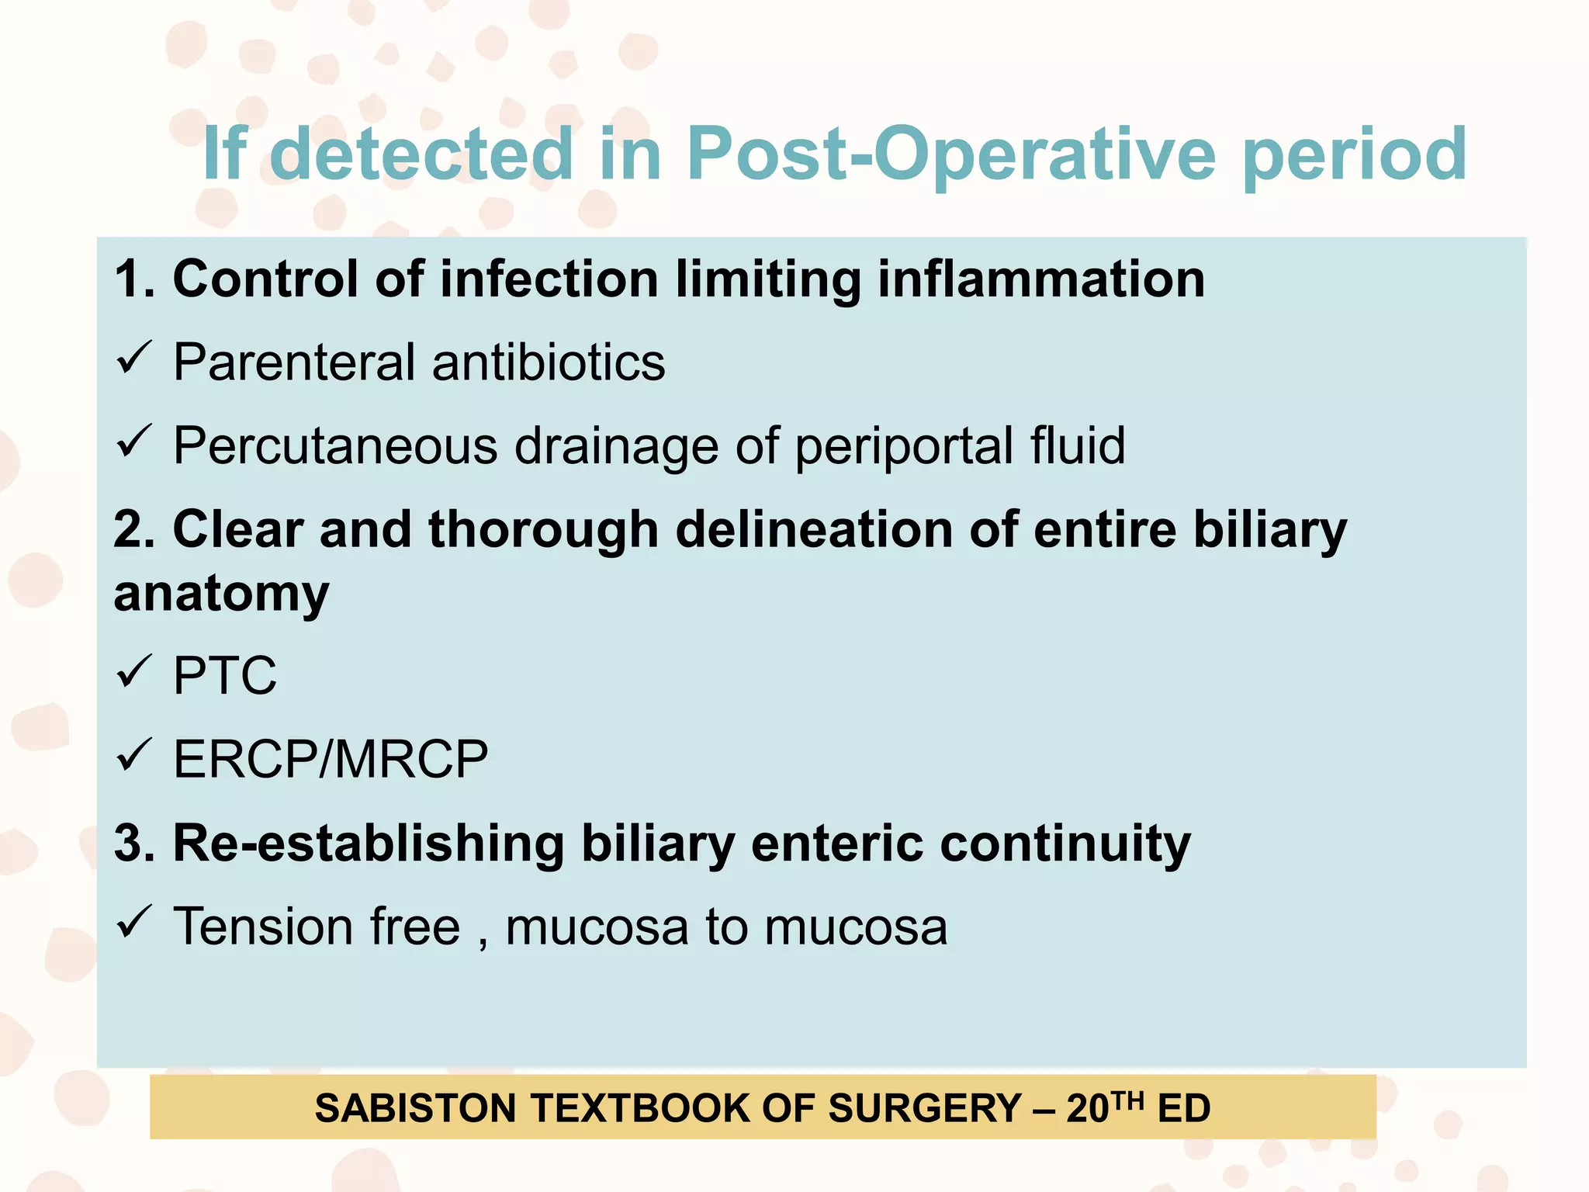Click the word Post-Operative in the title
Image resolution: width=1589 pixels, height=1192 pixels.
[x=950, y=154]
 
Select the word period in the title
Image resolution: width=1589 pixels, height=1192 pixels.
[x=1355, y=154]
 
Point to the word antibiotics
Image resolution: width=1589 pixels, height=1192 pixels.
[x=549, y=362]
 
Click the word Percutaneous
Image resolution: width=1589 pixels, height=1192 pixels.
[x=335, y=446]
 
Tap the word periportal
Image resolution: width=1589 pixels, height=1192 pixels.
[x=904, y=446]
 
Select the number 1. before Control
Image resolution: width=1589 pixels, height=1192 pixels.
[x=134, y=279]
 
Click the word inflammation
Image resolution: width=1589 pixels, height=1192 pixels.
[x=1041, y=279]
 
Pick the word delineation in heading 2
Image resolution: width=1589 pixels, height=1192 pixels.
[x=814, y=529]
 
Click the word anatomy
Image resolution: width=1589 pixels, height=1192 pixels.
[x=222, y=594]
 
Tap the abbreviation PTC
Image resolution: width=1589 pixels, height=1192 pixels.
[x=224, y=675]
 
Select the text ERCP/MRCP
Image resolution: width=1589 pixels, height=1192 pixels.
[x=331, y=759]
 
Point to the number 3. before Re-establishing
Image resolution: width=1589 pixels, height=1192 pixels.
[x=134, y=843]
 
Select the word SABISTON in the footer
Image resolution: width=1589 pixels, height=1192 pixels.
[x=415, y=1108]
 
